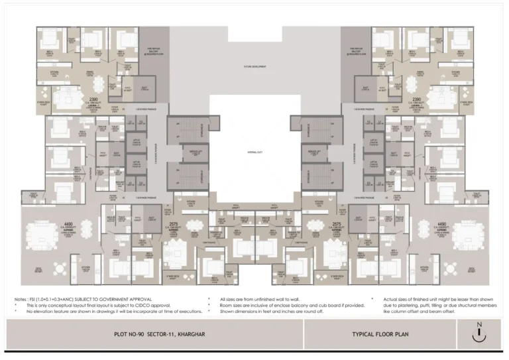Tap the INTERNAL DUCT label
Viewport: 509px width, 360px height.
[x=254, y=152]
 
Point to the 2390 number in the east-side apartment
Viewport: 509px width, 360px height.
[x=415, y=98]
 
